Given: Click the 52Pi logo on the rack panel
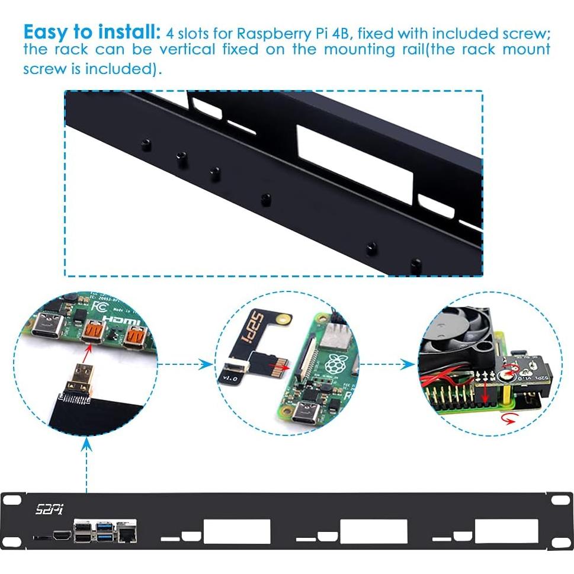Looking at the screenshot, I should (x=49, y=508).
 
